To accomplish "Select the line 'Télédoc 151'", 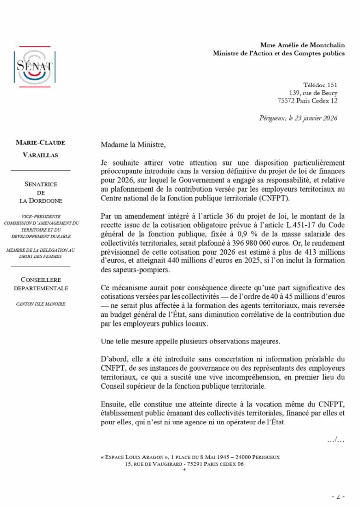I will (x=320, y=85).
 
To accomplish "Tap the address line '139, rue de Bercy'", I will (x=313, y=93).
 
